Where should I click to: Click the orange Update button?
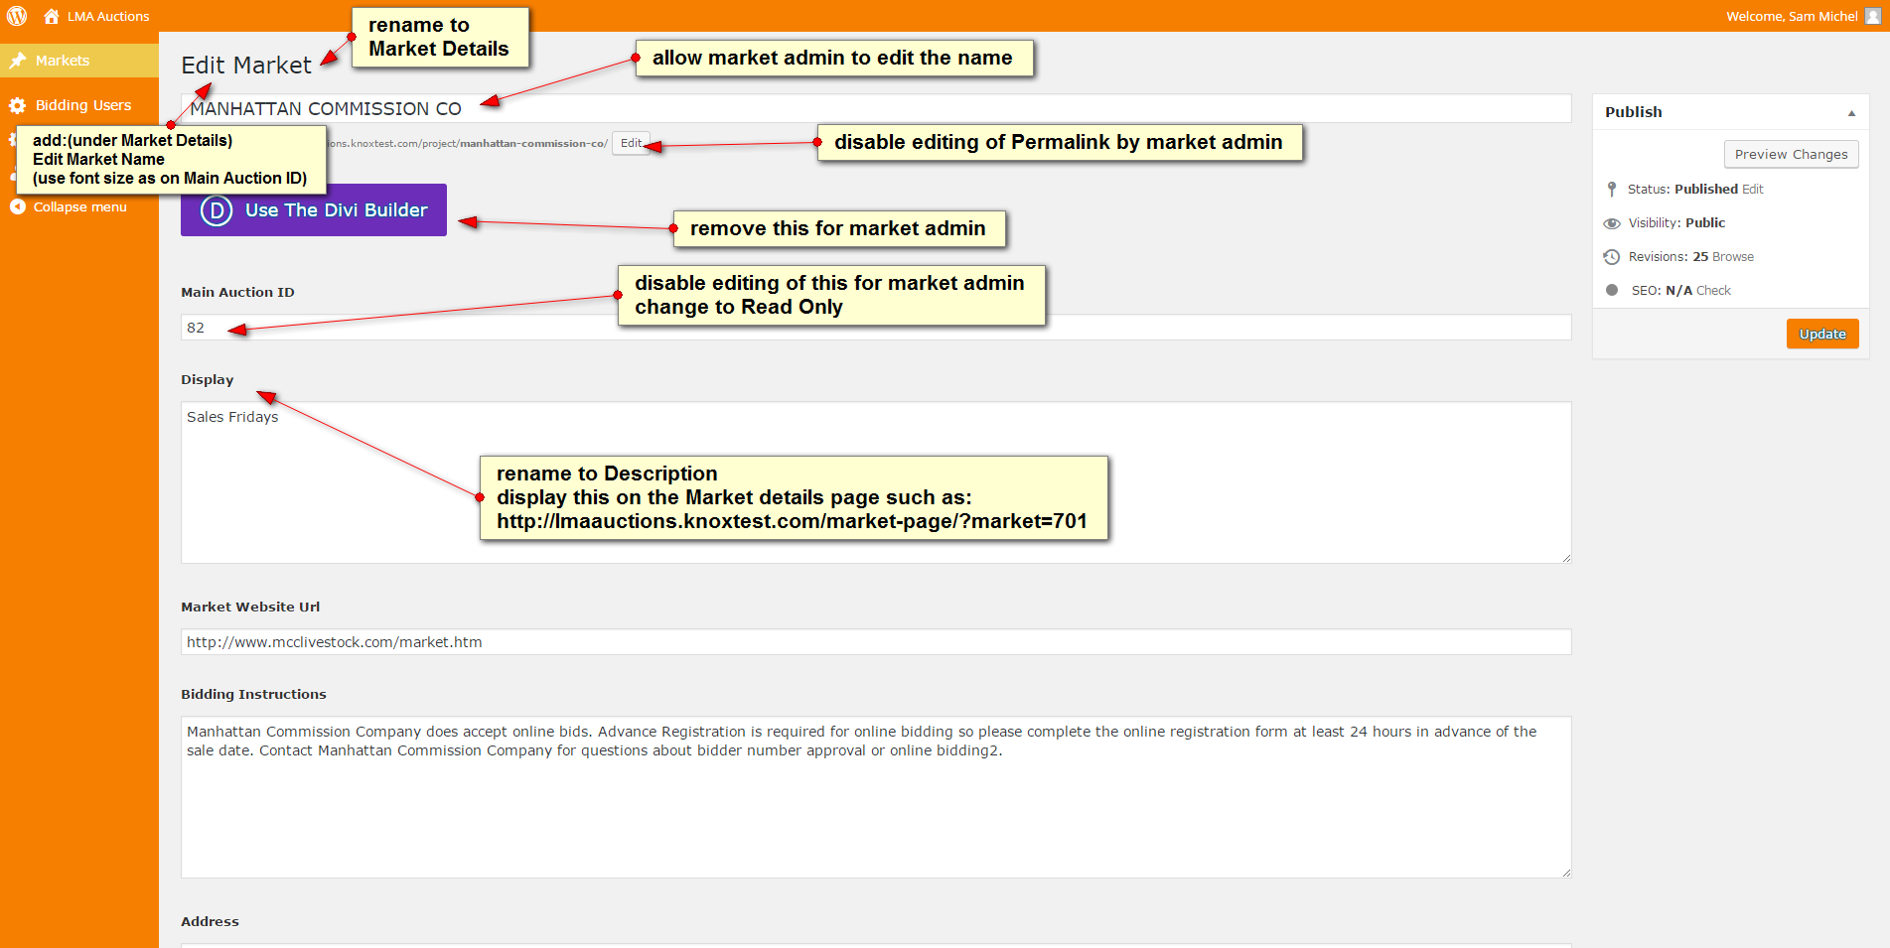[1822, 334]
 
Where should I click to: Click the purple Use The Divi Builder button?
[314, 209]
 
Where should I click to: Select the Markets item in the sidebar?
[63, 61]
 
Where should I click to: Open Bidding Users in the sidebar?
[83, 105]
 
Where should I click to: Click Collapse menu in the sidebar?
[79, 206]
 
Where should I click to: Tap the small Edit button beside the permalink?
[631, 143]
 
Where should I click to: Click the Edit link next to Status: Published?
[1753, 189]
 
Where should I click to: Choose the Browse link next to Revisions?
[1733, 256]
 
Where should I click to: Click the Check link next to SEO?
[1713, 290]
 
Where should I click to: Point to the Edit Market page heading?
[246, 65]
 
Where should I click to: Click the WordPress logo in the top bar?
[17, 16]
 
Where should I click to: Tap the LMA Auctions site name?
[108, 16]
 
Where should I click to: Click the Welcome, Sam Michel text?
[1792, 16]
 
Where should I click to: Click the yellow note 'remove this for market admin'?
[839, 228]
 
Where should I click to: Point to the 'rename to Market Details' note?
[440, 37]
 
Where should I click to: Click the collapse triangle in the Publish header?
[1851, 113]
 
